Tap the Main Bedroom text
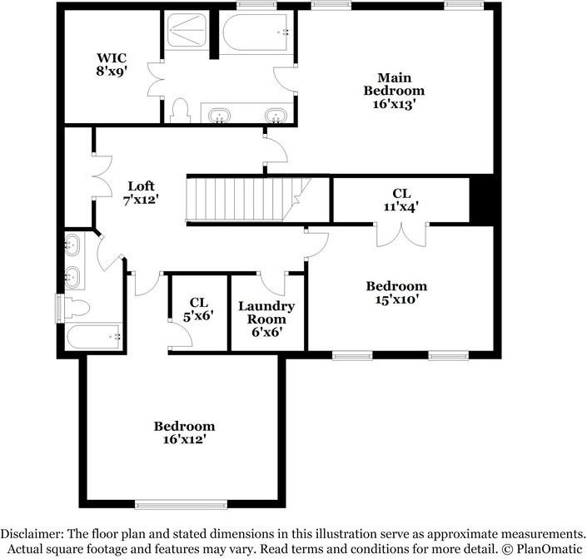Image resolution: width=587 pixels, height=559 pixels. [394, 84]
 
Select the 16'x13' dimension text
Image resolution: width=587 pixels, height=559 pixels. [394, 105]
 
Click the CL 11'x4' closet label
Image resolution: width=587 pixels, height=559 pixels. [401, 199]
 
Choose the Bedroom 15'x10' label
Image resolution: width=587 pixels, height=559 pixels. [396, 292]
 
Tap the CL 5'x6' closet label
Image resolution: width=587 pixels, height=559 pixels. [198, 310]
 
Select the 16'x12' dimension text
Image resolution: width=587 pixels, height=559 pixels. [184, 438]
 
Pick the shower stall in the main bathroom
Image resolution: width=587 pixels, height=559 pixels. [188, 32]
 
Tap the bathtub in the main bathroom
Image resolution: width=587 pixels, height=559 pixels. [255, 33]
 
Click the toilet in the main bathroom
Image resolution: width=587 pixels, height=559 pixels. [179, 110]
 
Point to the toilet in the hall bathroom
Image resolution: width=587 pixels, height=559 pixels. [75, 309]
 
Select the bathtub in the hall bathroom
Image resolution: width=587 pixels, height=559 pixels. [94, 338]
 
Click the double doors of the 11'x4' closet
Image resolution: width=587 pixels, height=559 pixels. [401, 235]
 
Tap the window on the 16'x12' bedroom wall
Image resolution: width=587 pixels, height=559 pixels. [182, 503]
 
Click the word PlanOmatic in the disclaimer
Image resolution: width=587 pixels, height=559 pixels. [547, 548]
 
